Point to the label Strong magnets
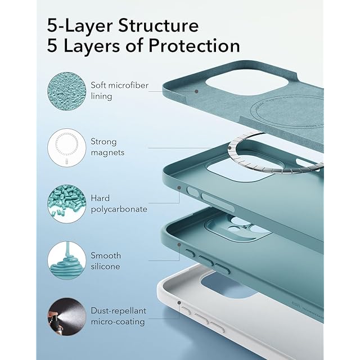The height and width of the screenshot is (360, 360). [x=107, y=147]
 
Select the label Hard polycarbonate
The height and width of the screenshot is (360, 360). [x=119, y=204]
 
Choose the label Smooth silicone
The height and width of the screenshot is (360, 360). [x=106, y=260]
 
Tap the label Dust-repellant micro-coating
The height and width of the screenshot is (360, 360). [x=118, y=316]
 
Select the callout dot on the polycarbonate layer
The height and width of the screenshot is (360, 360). [x=180, y=188]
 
